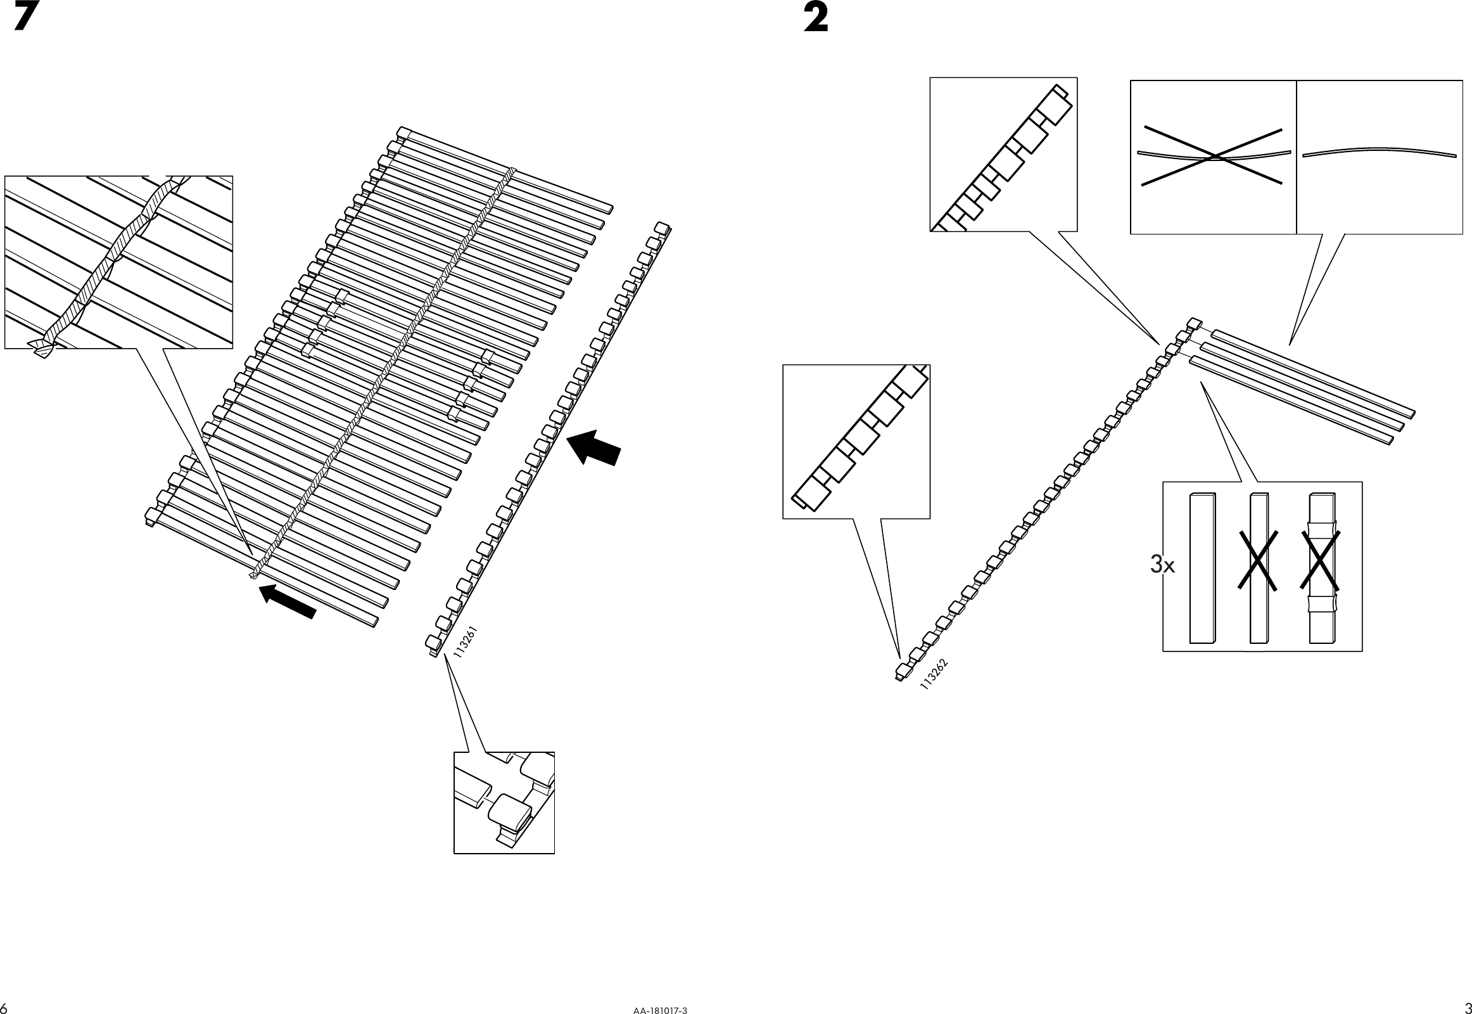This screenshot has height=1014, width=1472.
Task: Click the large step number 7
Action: (23, 17)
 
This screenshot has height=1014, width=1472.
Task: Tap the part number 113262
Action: (934, 675)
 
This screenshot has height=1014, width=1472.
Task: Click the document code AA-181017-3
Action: (660, 1010)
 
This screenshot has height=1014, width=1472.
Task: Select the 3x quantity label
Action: (1162, 564)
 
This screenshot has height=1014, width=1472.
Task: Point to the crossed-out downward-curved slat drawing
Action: (1213, 157)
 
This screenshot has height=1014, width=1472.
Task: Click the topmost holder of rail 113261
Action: (662, 228)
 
